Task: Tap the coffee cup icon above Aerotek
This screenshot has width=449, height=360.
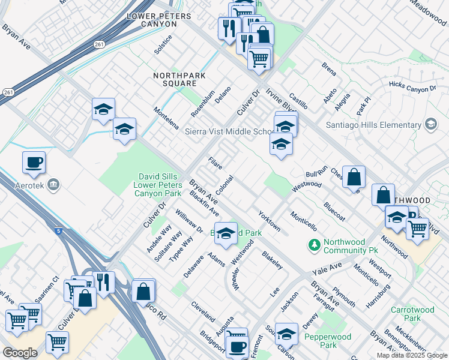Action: [34, 162]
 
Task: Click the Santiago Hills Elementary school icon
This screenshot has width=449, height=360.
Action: [430, 124]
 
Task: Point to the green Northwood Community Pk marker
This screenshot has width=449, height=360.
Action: [313, 244]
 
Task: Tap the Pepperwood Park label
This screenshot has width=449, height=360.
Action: [321, 341]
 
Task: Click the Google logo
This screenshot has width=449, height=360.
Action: [20, 353]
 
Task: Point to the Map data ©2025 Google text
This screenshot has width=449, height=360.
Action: [412, 355]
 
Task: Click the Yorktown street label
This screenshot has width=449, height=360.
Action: [269, 221]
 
